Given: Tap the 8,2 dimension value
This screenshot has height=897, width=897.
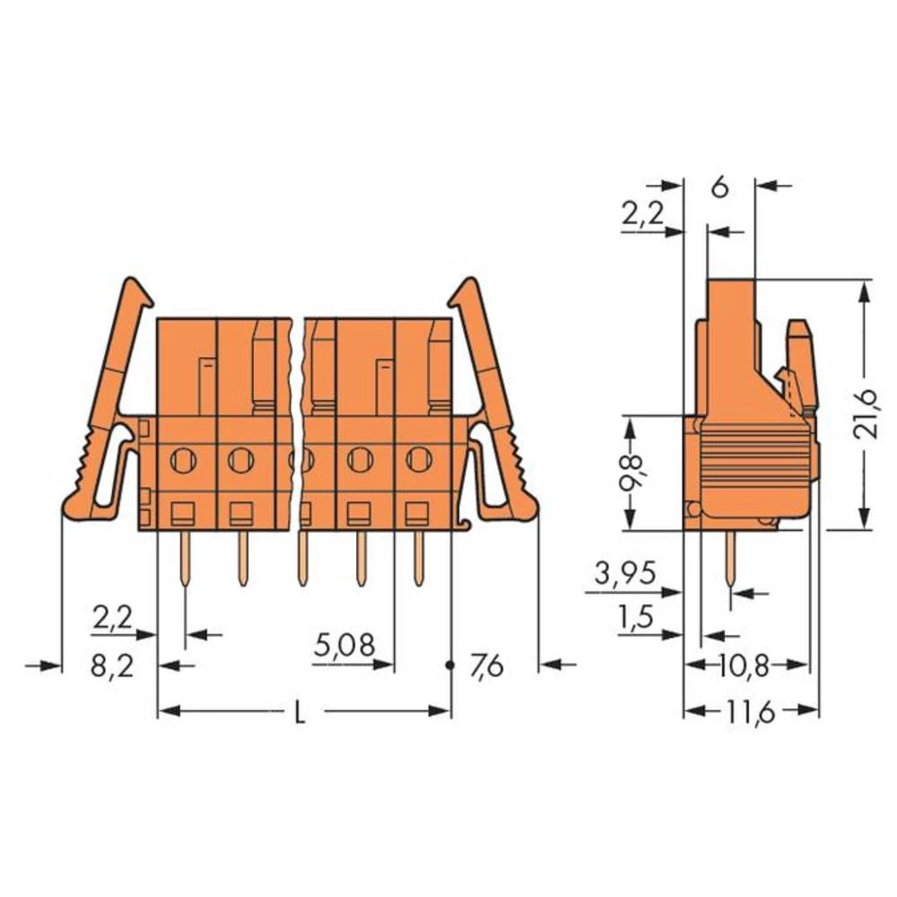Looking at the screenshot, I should tap(114, 667).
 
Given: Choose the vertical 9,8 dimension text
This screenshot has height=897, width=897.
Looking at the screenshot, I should tap(632, 473).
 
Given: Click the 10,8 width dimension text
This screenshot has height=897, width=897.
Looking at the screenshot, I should tap(747, 666).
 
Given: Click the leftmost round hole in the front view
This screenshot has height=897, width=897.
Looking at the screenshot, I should tap(182, 460).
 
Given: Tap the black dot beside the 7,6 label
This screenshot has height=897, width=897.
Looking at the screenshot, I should tap(450, 666).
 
